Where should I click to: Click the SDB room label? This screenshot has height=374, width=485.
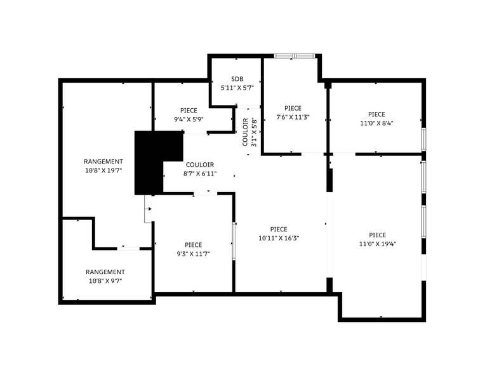tap(237, 79)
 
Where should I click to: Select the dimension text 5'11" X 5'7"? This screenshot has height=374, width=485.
tap(237, 88)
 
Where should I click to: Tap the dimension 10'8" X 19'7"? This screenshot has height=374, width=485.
tap(103, 170)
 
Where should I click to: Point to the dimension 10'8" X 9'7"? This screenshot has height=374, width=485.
tap(105, 280)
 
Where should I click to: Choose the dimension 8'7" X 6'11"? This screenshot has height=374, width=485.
tap(200, 173)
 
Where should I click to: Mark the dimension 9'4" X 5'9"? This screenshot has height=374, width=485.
tap(189, 119)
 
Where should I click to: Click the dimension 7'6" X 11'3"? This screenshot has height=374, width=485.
tap(293, 117)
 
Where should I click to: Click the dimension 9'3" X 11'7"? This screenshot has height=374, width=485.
tap(194, 254)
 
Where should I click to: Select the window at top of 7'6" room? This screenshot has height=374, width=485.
tap(294, 56)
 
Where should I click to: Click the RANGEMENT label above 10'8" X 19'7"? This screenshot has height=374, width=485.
tap(103, 162)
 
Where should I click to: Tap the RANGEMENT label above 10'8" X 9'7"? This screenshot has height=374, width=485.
tap(105, 272)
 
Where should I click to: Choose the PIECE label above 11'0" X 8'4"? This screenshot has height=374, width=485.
tap(376, 114)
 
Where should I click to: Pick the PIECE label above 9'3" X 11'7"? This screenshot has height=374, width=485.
tap(194, 245)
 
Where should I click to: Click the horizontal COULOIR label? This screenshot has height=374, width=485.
tap(200, 164)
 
